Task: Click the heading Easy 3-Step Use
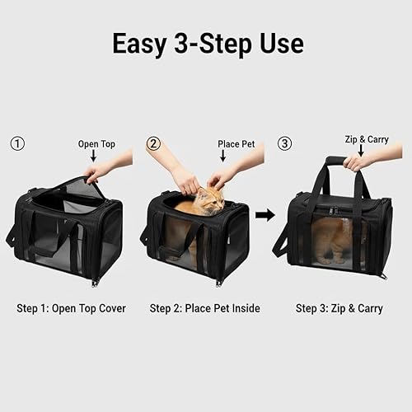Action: point(207,44)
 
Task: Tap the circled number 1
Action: point(17,143)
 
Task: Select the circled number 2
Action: point(152,143)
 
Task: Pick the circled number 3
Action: point(285,143)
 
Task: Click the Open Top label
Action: point(96,143)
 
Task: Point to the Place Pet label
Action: point(236,143)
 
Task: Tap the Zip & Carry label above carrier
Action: point(367,139)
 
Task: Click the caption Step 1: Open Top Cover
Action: point(71,308)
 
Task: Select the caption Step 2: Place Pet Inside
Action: point(204,308)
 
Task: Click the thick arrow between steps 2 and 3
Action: point(265,215)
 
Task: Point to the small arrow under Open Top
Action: point(93,156)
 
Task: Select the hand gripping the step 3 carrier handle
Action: point(358,162)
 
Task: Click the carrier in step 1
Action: point(66,235)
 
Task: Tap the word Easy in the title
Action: point(141,44)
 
